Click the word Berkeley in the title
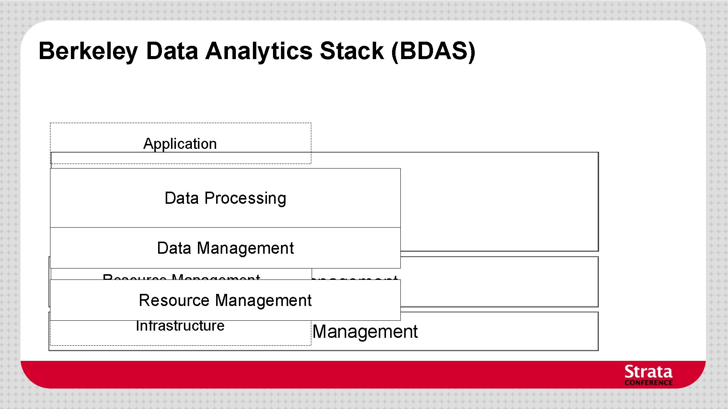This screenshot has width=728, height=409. (88, 51)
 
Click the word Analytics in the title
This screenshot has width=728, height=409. (259, 51)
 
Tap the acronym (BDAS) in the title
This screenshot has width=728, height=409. (433, 51)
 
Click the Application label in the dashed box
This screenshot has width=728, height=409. (180, 144)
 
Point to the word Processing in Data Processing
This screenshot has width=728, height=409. (245, 198)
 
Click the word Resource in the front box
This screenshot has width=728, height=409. (174, 301)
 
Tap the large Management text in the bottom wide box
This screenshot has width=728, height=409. (365, 332)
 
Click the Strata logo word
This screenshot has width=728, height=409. (648, 372)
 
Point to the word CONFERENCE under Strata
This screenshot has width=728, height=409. (648, 383)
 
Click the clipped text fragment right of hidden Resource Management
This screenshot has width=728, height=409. (355, 278)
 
